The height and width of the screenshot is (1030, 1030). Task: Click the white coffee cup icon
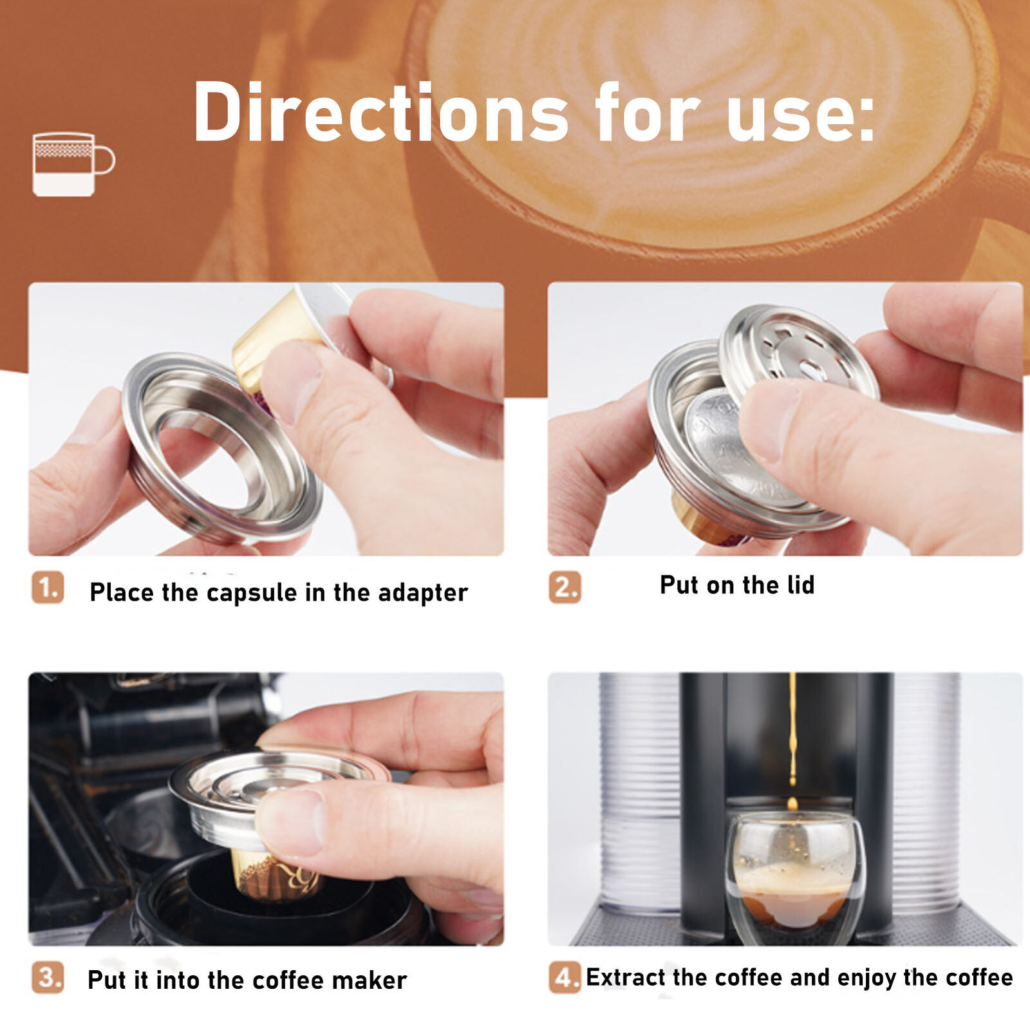coord(73,164)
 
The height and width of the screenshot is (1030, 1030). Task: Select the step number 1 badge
coord(48,587)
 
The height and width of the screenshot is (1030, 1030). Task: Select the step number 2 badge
coord(565,587)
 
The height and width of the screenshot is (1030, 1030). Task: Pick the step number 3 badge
coord(48,977)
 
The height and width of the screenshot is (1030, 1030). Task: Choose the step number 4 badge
coord(565,977)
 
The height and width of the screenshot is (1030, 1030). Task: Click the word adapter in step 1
coord(423,593)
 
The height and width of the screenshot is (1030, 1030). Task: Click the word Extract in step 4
coord(626,977)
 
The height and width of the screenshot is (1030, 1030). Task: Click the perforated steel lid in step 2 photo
coord(798,351)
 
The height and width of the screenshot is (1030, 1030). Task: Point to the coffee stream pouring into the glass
coord(792,740)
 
